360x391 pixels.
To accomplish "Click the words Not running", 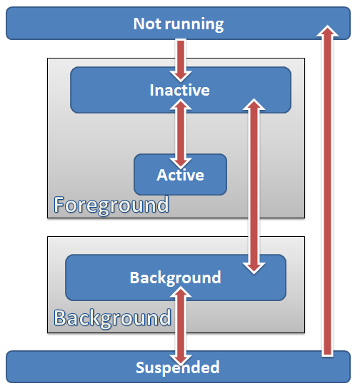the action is point(179,24).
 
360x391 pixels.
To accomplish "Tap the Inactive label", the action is point(180,90).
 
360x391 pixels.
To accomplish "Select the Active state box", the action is point(180,174).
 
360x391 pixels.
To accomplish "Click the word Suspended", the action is point(178,367).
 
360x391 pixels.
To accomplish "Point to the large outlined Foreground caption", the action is point(111,205).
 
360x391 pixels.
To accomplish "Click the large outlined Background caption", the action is point(112,318).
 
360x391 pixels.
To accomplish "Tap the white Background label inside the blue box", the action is point(176,278).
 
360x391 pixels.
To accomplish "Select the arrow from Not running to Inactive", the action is point(181,61).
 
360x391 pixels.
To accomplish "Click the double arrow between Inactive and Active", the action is point(181,133).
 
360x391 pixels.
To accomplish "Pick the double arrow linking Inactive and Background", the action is point(254,186).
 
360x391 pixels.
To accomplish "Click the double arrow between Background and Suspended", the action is point(181,325).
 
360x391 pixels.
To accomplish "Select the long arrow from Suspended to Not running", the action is point(328,191).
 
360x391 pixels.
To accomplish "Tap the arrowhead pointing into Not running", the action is point(328,31).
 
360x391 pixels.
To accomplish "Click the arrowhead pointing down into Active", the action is point(181,163).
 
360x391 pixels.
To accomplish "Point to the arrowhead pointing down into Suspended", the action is point(181,360).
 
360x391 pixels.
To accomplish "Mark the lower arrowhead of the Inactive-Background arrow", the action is point(254,268).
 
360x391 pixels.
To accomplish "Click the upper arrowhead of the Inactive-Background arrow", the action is point(254,104).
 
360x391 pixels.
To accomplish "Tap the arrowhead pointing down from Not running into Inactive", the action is point(181,77).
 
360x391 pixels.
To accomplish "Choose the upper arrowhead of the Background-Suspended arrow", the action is point(181,292).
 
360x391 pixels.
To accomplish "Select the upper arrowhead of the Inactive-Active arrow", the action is point(181,104).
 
